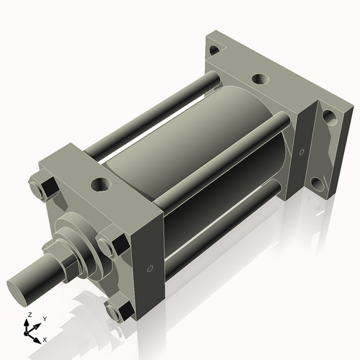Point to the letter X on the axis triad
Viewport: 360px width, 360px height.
(x=45, y=338)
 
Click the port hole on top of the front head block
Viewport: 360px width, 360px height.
(x=99, y=184)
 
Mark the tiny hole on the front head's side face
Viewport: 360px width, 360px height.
(x=149, y=269)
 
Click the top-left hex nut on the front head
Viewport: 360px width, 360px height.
(x=43, y=187)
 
